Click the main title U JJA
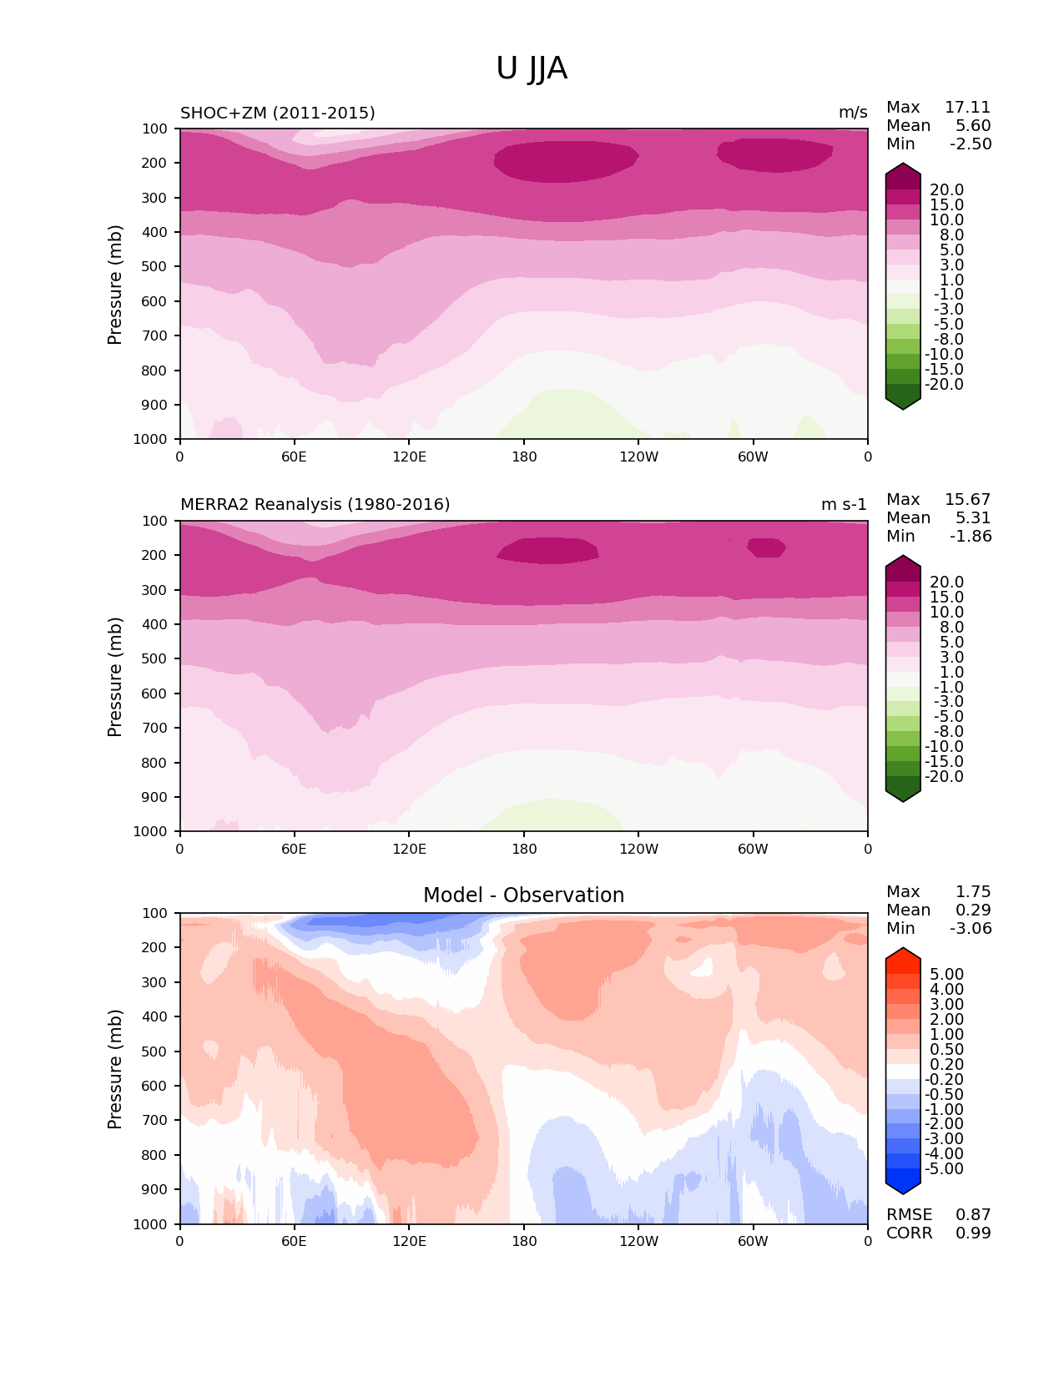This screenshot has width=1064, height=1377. point(532,68)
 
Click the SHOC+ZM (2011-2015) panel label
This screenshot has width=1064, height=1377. point(277,113)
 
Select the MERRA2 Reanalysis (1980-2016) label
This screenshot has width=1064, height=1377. point(315,505)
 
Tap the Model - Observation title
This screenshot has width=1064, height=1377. point(523,895)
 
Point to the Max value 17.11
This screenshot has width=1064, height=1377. point(967,108)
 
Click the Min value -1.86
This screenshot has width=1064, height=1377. point(971,537)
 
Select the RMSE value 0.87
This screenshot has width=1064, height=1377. point(973,1215)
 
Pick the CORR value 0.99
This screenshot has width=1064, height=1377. point(973,1233)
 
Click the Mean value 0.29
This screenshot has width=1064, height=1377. point(973,910)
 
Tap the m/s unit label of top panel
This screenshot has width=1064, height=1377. point(853,113)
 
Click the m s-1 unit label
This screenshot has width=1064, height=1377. point(844,505)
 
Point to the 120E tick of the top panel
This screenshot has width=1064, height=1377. point(409,456)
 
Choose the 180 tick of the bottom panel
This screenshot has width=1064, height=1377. point(524,1242)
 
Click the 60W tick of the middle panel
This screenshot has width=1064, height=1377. point(753,850)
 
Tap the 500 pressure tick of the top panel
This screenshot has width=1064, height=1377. point(156,267)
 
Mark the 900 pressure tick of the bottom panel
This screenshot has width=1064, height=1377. point(156,1190)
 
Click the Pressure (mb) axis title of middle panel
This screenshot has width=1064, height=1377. point(115,677)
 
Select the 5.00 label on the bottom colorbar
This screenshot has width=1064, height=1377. point(946,975)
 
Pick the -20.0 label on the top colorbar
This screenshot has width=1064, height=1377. point(944,385)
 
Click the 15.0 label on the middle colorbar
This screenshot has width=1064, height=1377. point(946,598)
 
